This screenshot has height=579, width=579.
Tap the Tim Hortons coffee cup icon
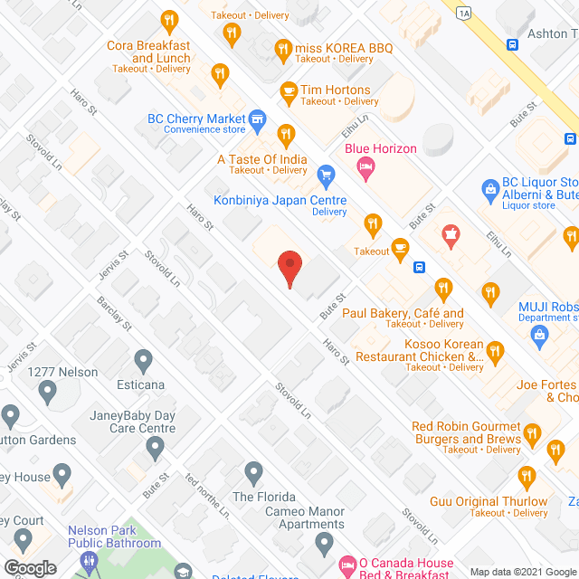(x=289, y=90)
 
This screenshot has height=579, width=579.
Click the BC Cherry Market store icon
(x=257, y=119)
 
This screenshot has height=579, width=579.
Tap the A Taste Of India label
(x=261, y=160)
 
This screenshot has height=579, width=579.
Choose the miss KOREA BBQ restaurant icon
(x=284, y=47)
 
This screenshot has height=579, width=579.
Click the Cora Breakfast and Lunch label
(x=148, y=52)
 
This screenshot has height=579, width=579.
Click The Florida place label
(x=263, y=497)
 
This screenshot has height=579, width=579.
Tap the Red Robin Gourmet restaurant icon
(x=532, y=434)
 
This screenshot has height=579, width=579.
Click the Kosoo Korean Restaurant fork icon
(x=494, y=350)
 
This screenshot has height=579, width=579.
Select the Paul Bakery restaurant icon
(x=442, y=289)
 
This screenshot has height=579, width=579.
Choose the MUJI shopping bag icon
(x=540, y=335)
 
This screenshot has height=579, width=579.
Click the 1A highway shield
(x=464, y=13)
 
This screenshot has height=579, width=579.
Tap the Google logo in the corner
(x=30, y=567)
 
